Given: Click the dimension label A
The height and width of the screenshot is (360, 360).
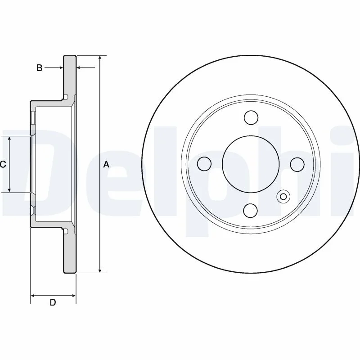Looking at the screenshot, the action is click(x=106, y=164).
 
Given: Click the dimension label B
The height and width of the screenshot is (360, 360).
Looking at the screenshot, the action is click(x=40, y=68).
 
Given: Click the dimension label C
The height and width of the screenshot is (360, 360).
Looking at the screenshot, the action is click(x=3, y=164).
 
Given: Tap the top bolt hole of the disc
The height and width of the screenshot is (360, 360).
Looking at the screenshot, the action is click(x=251, y=117).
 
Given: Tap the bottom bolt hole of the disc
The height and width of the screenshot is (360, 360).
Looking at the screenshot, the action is click(x=251, y=211).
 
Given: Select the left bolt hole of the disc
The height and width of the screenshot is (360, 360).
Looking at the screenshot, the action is click(x=204, y=164).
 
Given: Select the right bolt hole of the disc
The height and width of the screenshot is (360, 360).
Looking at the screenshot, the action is click(x=297, y=164).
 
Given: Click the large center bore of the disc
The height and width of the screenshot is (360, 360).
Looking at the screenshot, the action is click(x=251, y=164).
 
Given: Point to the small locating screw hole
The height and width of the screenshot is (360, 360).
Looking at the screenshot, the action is click(x=283, y=197).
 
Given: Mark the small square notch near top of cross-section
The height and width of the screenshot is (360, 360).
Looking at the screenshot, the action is click(x=66, y=97).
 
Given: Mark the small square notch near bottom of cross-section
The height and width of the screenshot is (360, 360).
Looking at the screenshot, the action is click(x=66, y=231).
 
